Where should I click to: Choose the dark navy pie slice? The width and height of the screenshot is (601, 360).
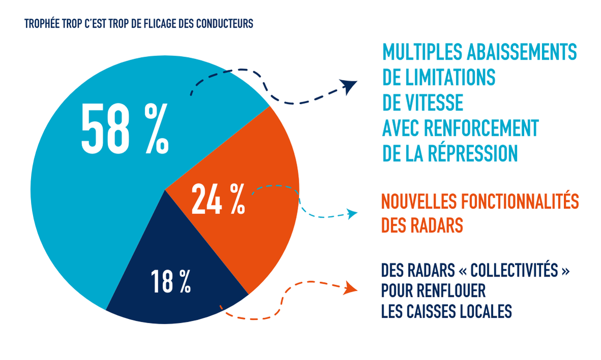tap(168, 295)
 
